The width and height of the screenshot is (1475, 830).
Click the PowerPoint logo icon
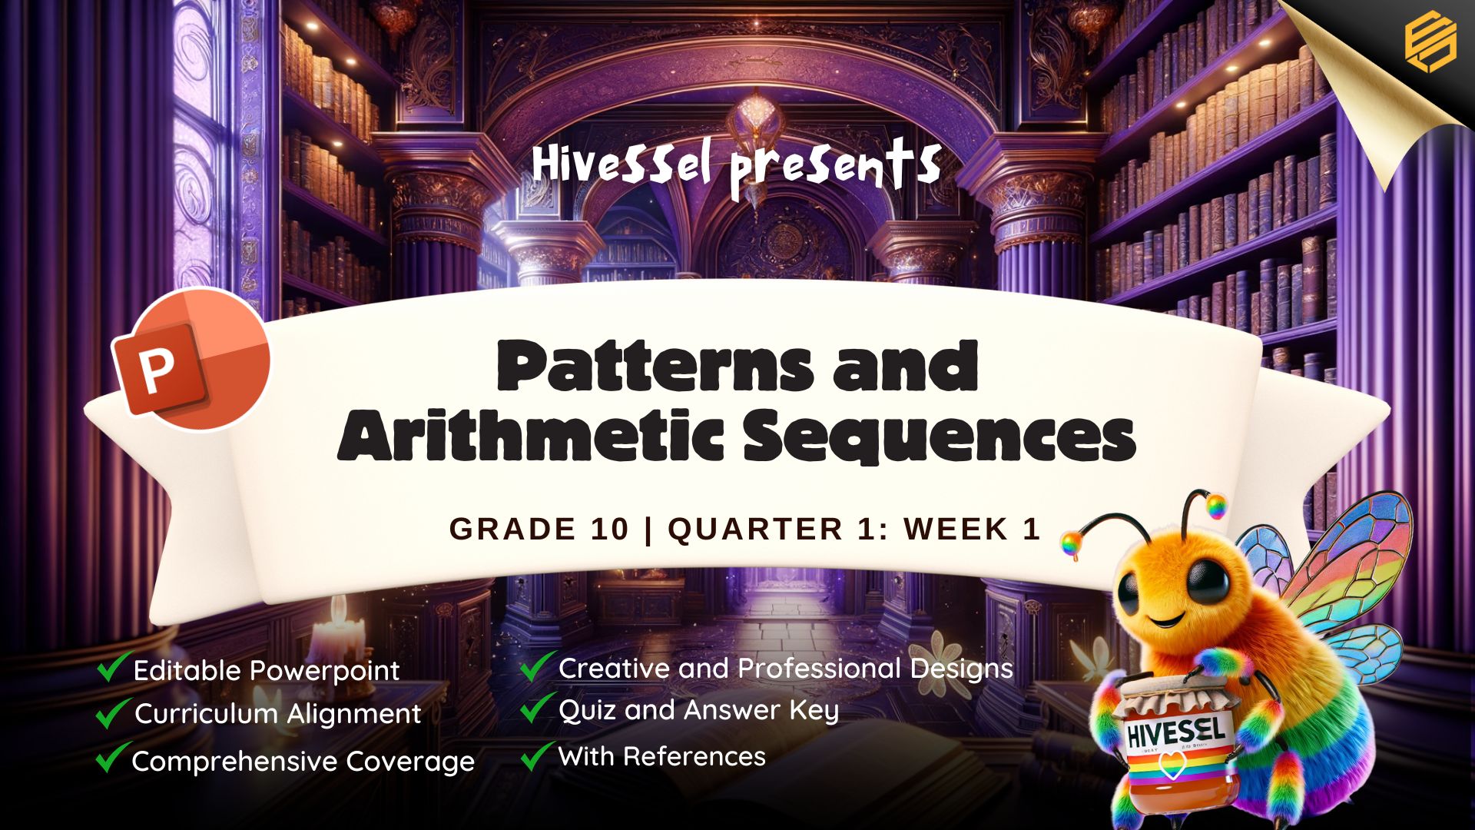pos(192,359)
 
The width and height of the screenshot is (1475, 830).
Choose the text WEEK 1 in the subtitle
pos(972,529)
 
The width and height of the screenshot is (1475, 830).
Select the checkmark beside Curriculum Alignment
pos(112,712)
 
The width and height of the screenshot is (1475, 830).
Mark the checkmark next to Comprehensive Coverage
pos(112,758)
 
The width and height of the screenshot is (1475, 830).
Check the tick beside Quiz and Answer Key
pos(538,708)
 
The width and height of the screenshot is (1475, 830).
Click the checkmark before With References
pos(538,755)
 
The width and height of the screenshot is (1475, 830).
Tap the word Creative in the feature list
pos(614,668)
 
